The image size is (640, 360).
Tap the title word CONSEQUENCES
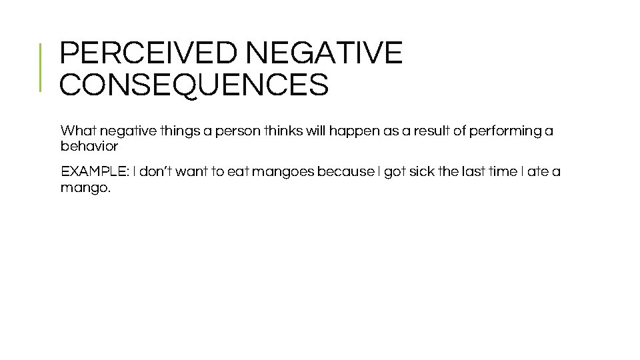194,85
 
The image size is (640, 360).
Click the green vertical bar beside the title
41,67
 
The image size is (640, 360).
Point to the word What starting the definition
78,131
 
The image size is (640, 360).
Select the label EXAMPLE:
95,172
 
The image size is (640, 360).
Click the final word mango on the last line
83,188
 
